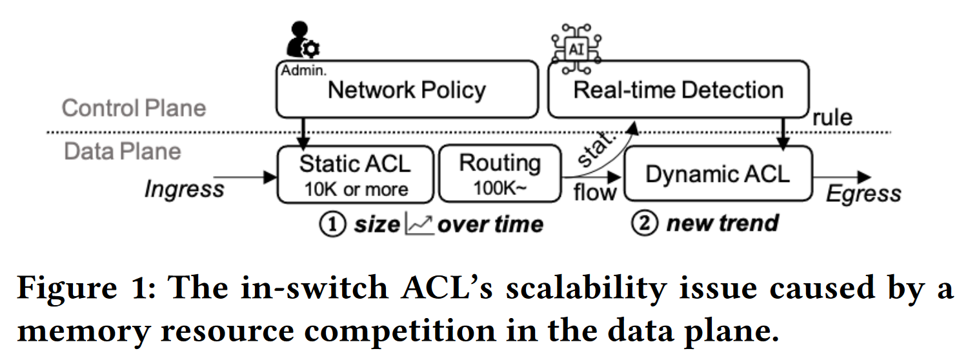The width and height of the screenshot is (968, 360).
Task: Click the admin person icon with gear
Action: (302, 40)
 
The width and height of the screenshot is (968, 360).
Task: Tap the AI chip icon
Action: (576, 49)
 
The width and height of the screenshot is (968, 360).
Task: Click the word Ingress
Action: (185, 189)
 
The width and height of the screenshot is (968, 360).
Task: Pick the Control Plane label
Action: (134, 108)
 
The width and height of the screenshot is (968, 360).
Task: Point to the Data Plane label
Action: (123, 151)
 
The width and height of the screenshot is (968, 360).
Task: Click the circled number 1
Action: (332, 225)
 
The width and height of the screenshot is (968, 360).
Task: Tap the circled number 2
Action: (645, 223)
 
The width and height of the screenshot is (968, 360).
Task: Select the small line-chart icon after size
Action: (419, 224)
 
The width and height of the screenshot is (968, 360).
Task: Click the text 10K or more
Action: (356, 189)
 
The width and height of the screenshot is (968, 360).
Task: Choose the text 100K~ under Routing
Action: (500, 188)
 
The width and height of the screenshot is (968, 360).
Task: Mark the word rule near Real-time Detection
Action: (832, 117)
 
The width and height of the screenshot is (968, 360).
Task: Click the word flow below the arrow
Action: (595, 192)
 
